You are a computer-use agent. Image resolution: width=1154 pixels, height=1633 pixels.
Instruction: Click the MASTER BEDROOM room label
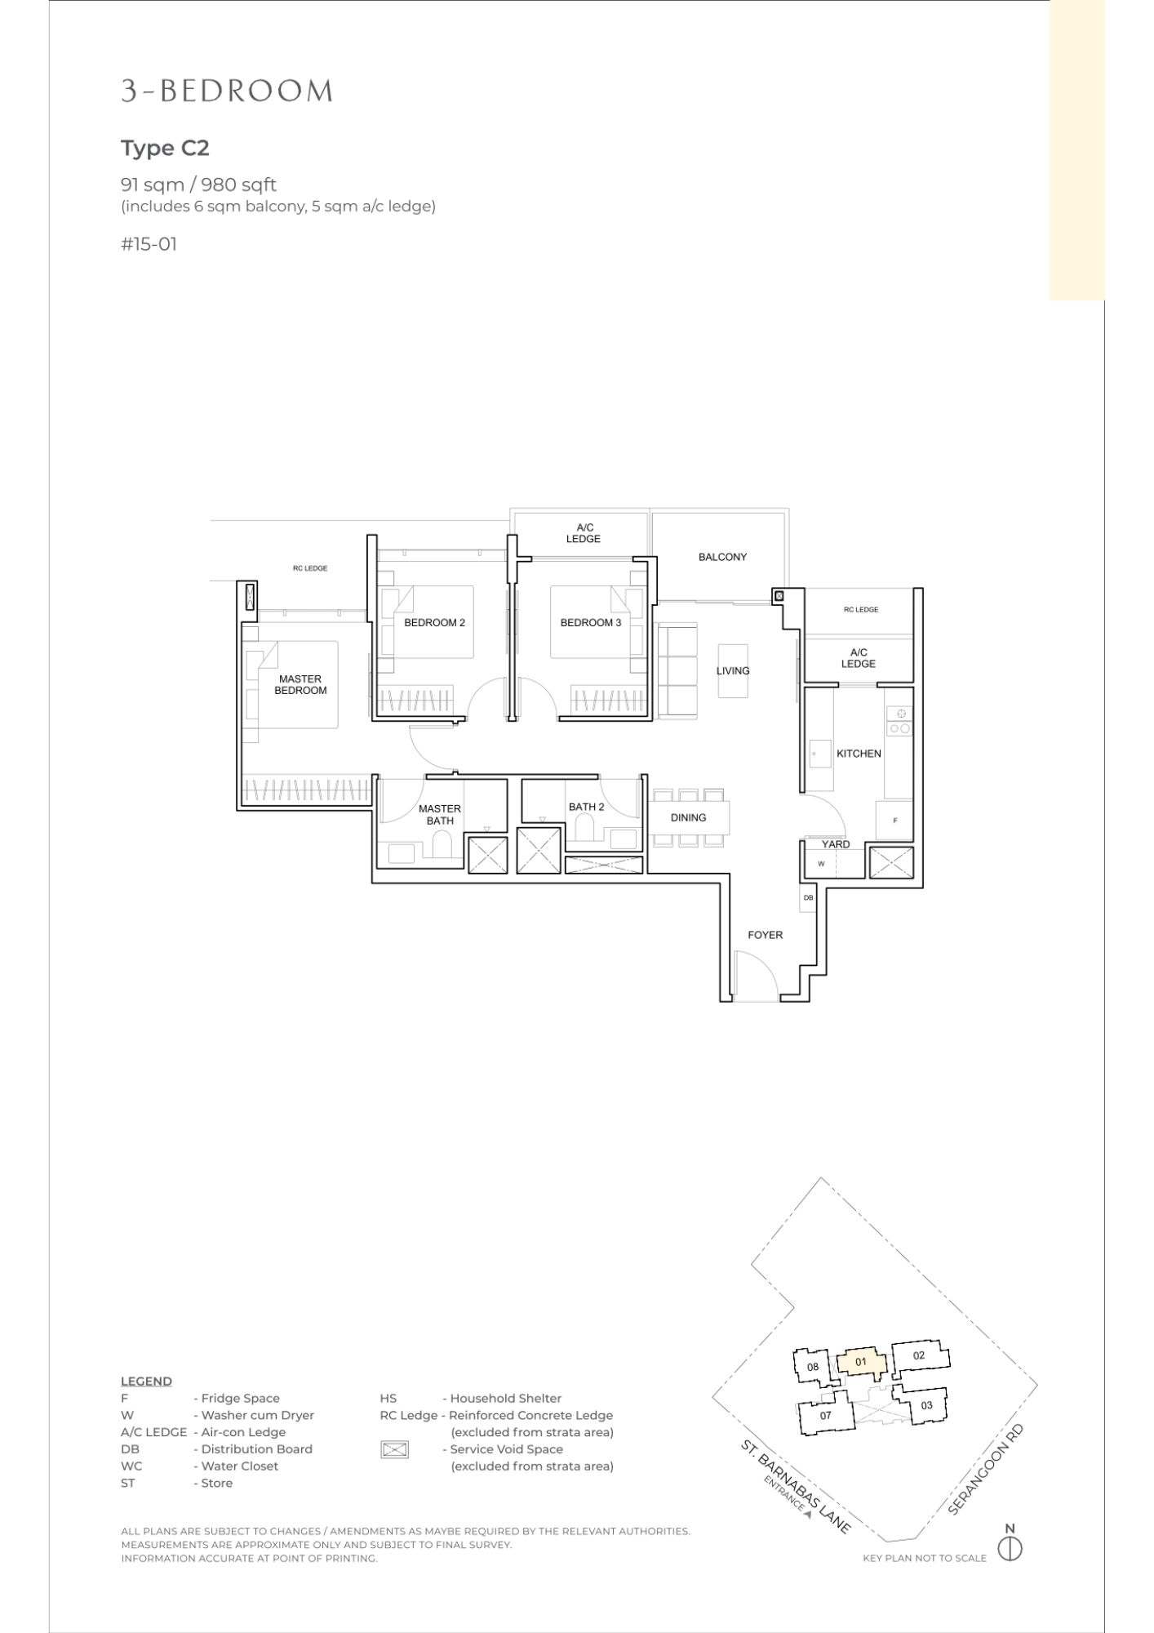300,684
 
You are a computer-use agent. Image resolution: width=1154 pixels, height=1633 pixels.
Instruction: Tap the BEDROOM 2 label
434,623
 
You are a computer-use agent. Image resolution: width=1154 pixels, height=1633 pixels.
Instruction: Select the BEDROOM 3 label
590,623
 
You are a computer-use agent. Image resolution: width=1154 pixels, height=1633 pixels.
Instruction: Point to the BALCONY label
722,557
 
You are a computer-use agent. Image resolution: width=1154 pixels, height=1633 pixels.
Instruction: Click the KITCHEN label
859,754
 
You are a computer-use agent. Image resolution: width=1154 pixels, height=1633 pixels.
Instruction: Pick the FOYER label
765,935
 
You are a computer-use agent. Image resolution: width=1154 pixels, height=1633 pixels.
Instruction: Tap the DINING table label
688,817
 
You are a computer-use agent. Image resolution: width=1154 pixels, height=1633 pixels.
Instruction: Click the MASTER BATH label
440,815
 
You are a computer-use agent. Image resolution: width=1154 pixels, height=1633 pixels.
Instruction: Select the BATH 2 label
586,807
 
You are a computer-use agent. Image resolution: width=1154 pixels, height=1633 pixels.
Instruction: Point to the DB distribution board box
808,898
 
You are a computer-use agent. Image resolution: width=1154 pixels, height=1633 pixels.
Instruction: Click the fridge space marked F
895,821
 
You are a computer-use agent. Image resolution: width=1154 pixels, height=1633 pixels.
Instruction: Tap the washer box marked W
821,864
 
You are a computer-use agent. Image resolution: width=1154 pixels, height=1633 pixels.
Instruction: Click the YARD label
836,844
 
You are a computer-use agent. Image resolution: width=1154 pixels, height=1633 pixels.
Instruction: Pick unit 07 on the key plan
825,1416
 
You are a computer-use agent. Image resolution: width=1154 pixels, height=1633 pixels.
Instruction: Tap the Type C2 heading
165,148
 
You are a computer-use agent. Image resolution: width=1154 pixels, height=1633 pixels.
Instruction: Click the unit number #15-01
149,243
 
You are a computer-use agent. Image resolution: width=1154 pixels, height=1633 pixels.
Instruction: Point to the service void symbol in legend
394,1449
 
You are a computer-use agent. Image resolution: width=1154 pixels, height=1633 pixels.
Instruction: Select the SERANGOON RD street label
985,1470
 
